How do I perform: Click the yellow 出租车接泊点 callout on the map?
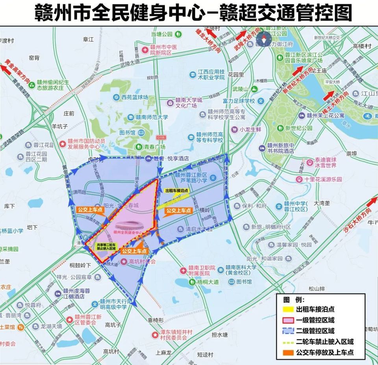(176, 190)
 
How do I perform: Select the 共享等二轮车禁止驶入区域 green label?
(106, 246)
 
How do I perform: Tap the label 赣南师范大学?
(149, 117)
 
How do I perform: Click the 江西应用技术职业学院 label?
(211, 74)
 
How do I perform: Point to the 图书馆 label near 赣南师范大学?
(127, 133)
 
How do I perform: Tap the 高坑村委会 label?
(142, 261)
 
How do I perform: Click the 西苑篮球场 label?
(134, 97)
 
